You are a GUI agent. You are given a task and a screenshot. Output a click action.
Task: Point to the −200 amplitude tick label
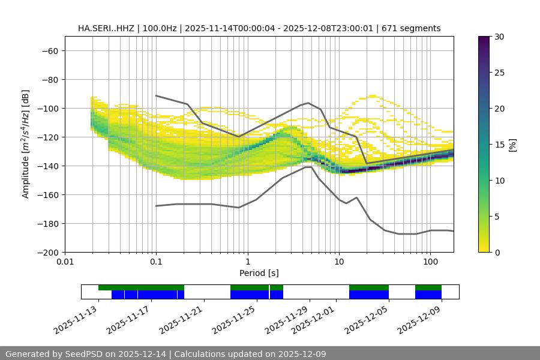tap(47, 253)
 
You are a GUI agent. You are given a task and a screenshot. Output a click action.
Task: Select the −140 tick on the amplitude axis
tap(47, 166)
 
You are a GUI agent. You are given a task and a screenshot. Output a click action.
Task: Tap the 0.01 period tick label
tap(65, 262)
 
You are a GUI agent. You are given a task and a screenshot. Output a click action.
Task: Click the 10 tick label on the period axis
tap(339, 262)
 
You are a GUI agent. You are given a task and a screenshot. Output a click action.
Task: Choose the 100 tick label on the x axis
tap(430, 262)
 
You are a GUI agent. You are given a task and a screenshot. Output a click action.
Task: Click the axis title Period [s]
tap(259, 273)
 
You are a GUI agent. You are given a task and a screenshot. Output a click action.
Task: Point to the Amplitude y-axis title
tap(26, 144)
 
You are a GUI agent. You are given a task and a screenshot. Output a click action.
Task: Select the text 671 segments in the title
tap(414, 28)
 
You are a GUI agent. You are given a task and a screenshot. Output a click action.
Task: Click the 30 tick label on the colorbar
tap(499, 37)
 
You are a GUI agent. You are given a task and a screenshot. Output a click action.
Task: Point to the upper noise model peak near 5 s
tap(308, 103)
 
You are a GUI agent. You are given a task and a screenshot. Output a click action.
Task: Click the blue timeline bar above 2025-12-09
tap(428, 295)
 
